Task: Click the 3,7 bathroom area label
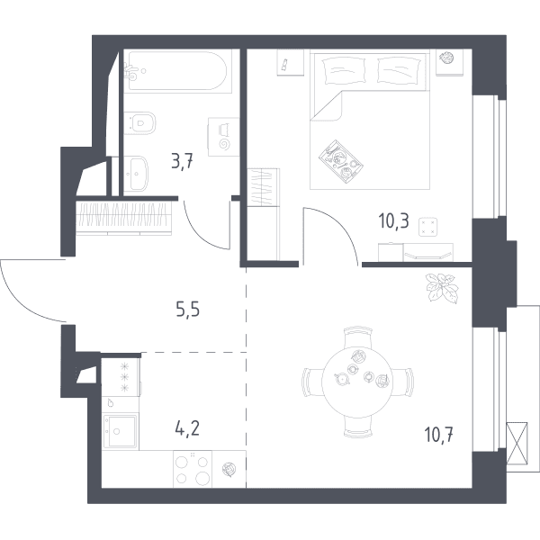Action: [183, 161]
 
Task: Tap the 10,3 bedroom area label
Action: [393, 220]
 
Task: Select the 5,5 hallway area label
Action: [188, 310]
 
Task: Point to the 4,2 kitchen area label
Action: [187, 429]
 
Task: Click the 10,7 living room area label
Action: [439, 435]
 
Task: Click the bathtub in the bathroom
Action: [175, 70]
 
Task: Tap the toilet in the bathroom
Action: [139, 123]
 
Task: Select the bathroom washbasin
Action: [136, 174]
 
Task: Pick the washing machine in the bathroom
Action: [223, 137]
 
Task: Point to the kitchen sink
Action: [121, 431]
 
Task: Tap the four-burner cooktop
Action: [193, 469]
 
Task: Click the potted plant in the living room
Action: [442, 288]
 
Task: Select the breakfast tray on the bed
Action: [341, 160]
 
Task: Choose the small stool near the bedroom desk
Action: [428, 227]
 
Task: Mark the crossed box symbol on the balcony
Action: [517, 443]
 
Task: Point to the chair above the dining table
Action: [358, 337]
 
